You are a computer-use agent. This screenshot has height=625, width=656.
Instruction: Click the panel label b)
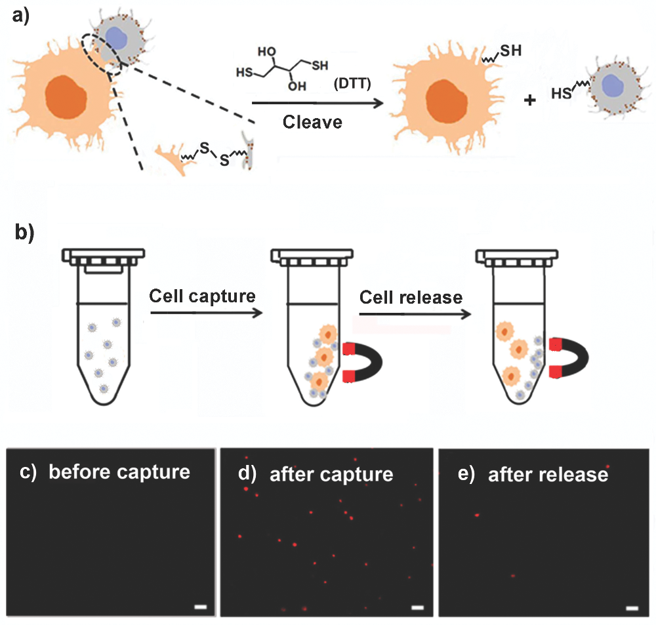point(25,233)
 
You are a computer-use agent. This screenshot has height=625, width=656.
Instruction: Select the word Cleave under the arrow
point(312,122)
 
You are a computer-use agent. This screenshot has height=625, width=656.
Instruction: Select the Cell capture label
point(202,295)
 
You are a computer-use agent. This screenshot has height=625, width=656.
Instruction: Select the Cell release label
point(411,297)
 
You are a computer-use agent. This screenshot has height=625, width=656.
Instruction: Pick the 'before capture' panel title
point(118,472)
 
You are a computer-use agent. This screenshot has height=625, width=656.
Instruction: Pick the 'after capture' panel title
point(331,474)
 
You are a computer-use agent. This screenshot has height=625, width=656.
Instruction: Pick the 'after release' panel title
point(547,474)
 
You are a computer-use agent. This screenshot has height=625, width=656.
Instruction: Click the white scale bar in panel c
point(201,608)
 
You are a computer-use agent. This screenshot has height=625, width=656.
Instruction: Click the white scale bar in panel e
point(632,608)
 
